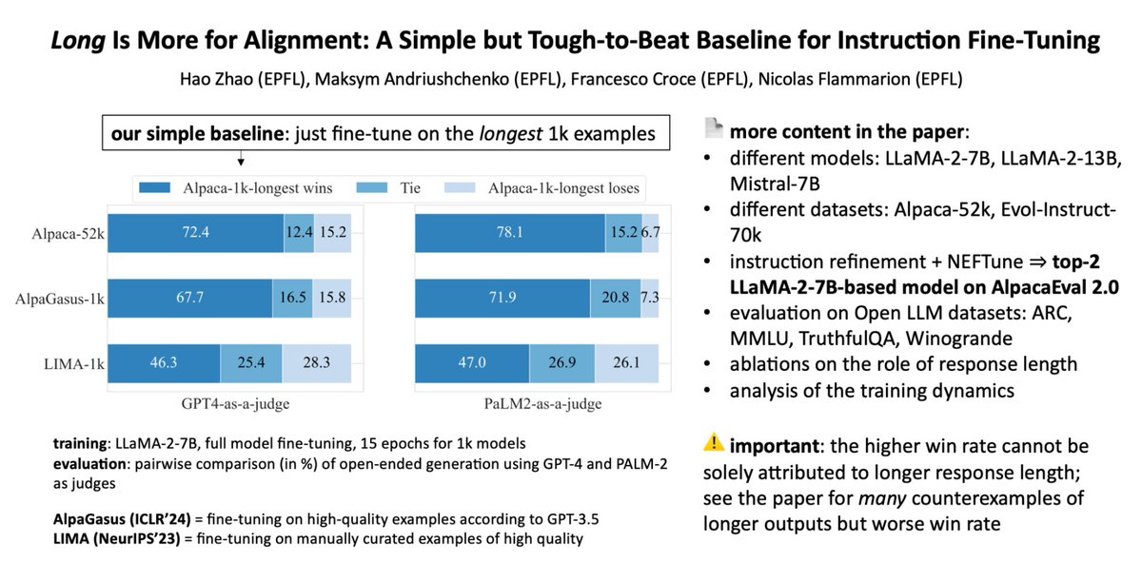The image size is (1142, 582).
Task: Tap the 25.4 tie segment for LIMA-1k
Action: coord(251,362)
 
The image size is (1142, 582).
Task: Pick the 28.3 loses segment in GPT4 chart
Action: coord(316,362)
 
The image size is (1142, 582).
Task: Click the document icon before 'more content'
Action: coord(714,127)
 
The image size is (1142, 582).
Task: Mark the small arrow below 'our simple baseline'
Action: coord(238,158)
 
